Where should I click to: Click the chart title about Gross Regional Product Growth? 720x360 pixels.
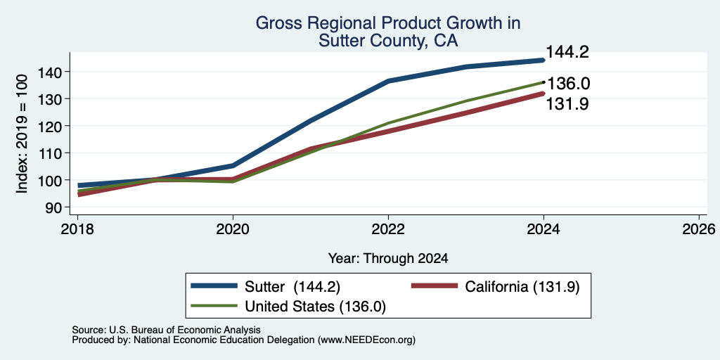point(387,31)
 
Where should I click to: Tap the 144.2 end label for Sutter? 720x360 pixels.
point(567,52)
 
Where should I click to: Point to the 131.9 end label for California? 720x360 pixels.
point(567,104)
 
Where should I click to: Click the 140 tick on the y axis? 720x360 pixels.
point(50,72)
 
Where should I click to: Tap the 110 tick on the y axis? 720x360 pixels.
point(50,153)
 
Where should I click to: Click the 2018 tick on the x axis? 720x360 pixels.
point(77,229)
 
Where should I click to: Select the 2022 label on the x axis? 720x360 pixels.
point(388,229)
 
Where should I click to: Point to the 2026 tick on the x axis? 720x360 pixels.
point(699,229)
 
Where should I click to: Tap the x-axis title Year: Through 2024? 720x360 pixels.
point(388,259)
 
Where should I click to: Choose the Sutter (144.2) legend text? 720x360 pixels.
point(292,287)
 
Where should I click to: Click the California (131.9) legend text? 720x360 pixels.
point(522,287)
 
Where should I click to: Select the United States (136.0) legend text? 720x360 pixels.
point(315,307)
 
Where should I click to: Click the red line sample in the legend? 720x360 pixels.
point(435,286)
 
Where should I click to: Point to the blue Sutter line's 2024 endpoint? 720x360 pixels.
point(544,60)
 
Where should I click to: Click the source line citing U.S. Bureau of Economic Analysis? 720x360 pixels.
point(166,330)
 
